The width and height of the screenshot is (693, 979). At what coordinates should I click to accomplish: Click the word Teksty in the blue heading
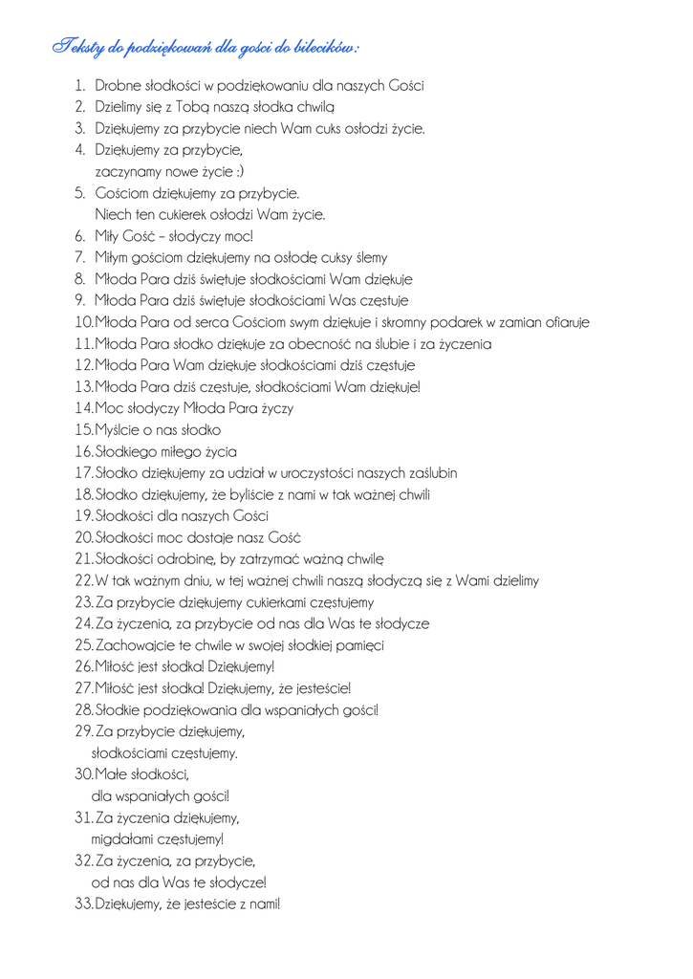click(76, 46)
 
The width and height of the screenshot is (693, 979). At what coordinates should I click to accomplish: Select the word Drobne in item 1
click(119, 86)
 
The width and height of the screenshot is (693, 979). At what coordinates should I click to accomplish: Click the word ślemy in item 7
click(370, 257)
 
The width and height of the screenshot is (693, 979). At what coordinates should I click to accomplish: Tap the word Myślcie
click(121, 430)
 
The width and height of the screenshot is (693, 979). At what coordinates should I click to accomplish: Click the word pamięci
click(359, 645)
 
